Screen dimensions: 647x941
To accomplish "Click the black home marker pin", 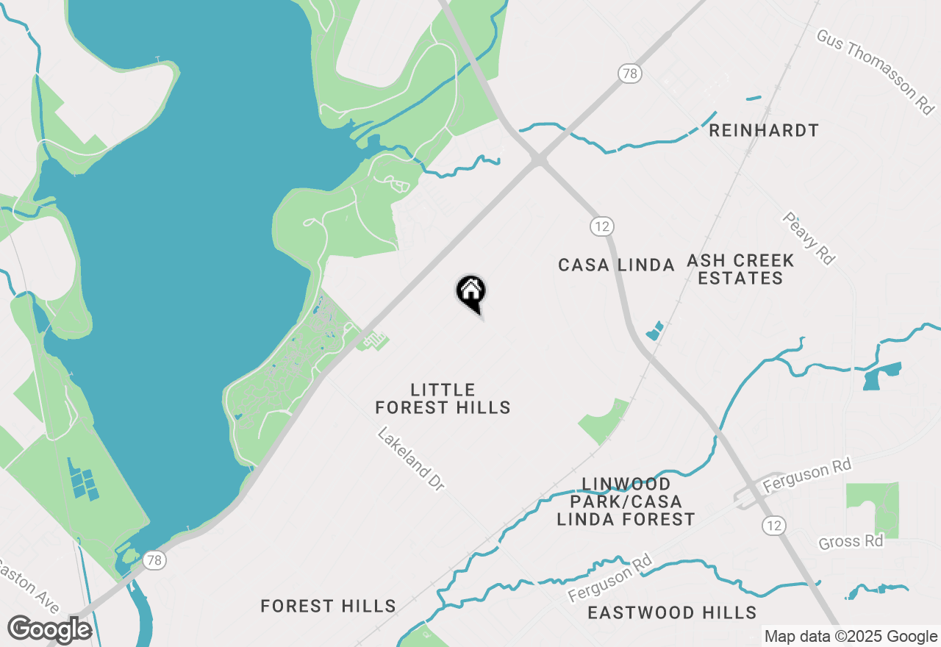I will [x=470, y=293].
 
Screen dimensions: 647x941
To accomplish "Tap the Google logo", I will [x=49, y=630].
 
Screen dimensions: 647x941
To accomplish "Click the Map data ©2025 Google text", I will [x=851, y=637].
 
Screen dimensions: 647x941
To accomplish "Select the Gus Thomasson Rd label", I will [x=876, y=71].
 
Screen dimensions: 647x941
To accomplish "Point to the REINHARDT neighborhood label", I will [x=763, y=131].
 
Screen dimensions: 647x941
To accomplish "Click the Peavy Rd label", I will [x=809, y=238].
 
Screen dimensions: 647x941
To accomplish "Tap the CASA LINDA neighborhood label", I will [x=616, y=265].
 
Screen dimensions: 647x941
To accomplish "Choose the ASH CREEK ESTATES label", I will [x=740, y=269].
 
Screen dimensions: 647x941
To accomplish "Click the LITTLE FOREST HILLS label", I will [x=443, y=398].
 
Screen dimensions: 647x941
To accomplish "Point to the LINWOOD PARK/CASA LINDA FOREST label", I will [x=626, y=501].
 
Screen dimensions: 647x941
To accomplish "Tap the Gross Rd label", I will [x=851, y=541].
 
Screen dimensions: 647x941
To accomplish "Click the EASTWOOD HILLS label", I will [x=672, y=612].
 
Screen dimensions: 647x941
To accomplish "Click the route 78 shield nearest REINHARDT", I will [x=629, y=73].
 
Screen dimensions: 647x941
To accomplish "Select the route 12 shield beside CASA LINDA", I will [x=601, y=226].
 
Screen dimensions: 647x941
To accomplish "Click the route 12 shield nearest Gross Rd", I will [x=773, y=525].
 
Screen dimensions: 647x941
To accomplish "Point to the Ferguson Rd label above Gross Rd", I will [x=806, y=476].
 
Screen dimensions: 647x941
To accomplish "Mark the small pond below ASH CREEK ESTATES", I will [x=654, y=331].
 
